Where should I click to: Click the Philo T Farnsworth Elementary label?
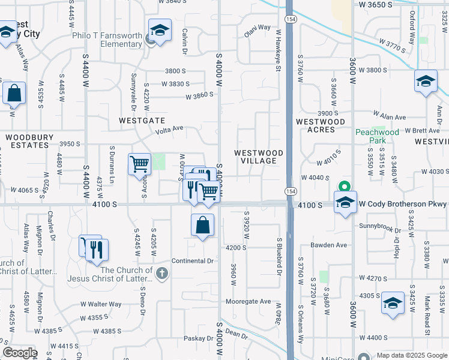[x=107, y=40]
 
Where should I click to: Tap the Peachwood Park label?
[x=377, y=136]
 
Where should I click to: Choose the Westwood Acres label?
[x=321, y=125]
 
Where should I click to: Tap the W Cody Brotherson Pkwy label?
[x=403, y=205]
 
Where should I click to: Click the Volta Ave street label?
[x=169, y=128]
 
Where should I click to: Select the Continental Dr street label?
[x=193, y=261]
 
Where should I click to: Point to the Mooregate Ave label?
[x=248, y=301]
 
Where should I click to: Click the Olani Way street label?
[x=257, y=27]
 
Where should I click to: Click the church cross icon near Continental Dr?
[x=161, y=274]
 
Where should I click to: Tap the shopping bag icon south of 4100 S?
[x=203, y=226]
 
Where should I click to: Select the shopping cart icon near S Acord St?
[x=139, y=163]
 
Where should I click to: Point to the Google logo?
[x=20, y=352]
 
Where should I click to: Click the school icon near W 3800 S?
[x=426, y=82]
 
